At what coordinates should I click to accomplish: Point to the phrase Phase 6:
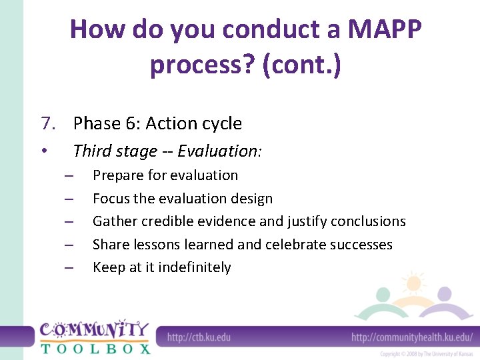tap(107, 123)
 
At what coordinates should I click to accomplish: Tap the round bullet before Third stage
tap(43, 151)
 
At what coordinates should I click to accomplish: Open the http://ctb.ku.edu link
tap(199, 337)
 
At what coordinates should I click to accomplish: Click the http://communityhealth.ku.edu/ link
tap(412, 337)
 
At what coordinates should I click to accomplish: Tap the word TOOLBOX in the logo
tap(95, 348)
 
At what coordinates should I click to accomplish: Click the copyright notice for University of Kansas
tap(427, 354)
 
